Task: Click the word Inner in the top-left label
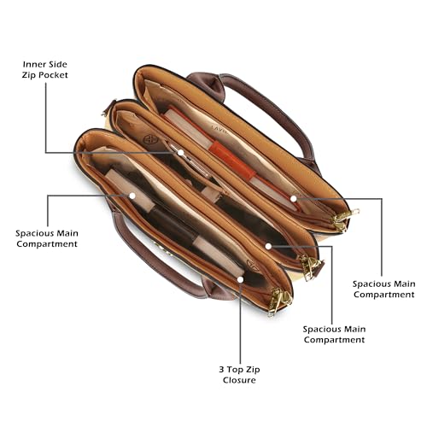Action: pos(33,64)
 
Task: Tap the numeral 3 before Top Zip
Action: pos(221,370)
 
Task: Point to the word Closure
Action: pos(239,380)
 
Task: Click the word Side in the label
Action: pos(57,64)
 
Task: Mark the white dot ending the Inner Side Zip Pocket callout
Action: pos(180,153)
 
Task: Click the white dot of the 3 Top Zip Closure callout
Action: pos(240,279)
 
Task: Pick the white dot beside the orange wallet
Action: pos(294,199)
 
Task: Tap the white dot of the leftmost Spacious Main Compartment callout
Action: pos(132,196)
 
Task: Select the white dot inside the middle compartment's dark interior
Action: pos(268,246)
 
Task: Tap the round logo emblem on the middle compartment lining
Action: pos(150,140)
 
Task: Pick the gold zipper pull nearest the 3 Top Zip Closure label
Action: pos(280,301)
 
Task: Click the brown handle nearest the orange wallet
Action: pos(272,114)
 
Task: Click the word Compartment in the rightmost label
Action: pos(384,295)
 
